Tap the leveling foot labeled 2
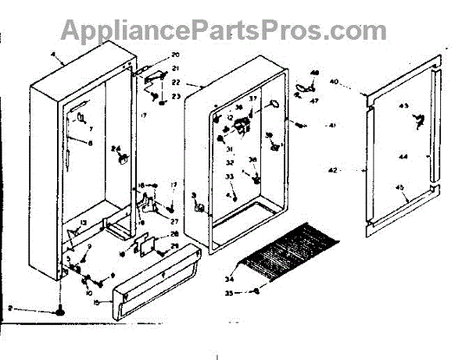59,311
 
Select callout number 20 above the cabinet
175,55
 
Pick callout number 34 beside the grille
229,277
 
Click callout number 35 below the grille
229,294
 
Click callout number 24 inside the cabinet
115,149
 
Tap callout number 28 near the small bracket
174,234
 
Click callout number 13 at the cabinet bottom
82,223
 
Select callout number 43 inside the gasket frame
404,105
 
